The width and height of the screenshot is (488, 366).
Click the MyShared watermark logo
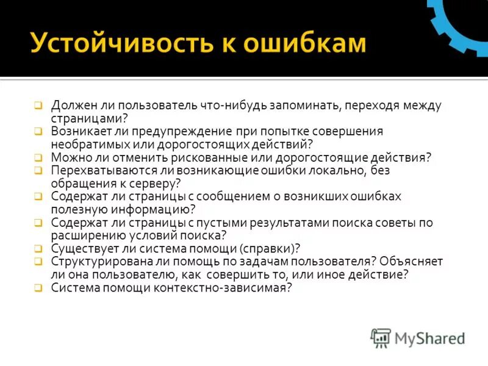pos(418,337)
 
